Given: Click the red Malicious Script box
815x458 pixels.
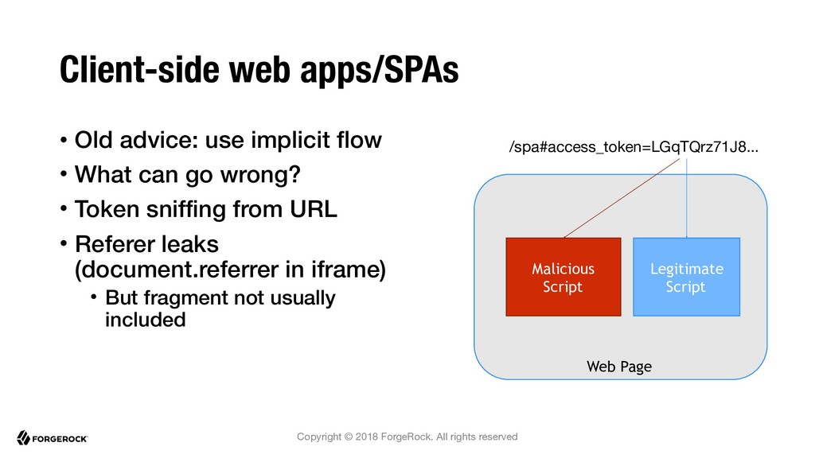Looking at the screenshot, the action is (x=563, y=277).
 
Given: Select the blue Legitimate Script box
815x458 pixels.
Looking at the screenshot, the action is (x=687, y=277).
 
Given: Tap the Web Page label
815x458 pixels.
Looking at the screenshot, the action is (x=619, y=367).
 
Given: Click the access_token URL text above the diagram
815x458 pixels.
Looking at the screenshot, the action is (x=634, y=147).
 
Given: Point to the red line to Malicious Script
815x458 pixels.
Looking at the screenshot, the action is (x=622, y=198).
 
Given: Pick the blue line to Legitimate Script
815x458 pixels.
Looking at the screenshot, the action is (x=687, y=198).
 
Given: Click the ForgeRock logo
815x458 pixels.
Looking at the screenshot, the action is (x=52, y=438).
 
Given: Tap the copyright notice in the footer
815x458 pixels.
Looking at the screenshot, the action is (x=407, y=437).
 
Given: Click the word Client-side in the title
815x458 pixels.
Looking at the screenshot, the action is (x=140, y=70).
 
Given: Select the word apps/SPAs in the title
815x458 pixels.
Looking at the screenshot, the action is (x=380, y=71).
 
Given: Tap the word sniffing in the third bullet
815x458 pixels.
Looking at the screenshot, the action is (x=185, y=210).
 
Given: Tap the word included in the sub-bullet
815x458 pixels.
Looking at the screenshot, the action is (x=145, y=320).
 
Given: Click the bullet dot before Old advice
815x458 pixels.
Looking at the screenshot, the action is (x=64, y=140).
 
